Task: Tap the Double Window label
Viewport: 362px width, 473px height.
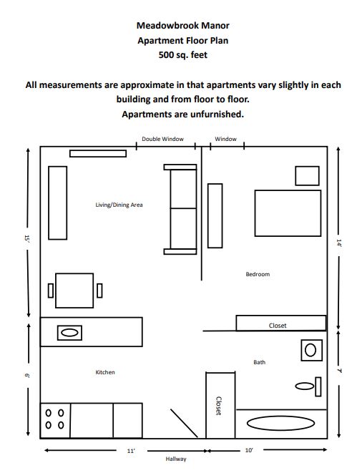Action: click(x=162, y=139)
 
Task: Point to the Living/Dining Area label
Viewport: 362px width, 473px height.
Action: click(x=119, y=205)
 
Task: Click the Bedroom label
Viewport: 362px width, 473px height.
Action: click(x=258, y=274)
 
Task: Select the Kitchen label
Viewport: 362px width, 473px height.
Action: click(x=105, y=372)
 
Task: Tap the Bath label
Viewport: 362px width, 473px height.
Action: click(x=259, y=362)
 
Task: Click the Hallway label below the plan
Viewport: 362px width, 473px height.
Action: click(x=176, y=459)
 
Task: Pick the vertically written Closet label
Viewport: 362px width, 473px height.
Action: click(x=219, y=406)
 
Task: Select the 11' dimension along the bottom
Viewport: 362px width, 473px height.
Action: click(x=131, y=451)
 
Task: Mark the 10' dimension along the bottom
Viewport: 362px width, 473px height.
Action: click(x=248, y=451)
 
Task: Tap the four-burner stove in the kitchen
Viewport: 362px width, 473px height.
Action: click(x=54, y=419)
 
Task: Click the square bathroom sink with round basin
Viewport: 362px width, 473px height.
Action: click(x=310, y=350)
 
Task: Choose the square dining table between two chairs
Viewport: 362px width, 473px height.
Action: click(x=74, y=290)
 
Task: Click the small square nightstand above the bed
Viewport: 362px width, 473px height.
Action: click(x=307, y=176)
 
